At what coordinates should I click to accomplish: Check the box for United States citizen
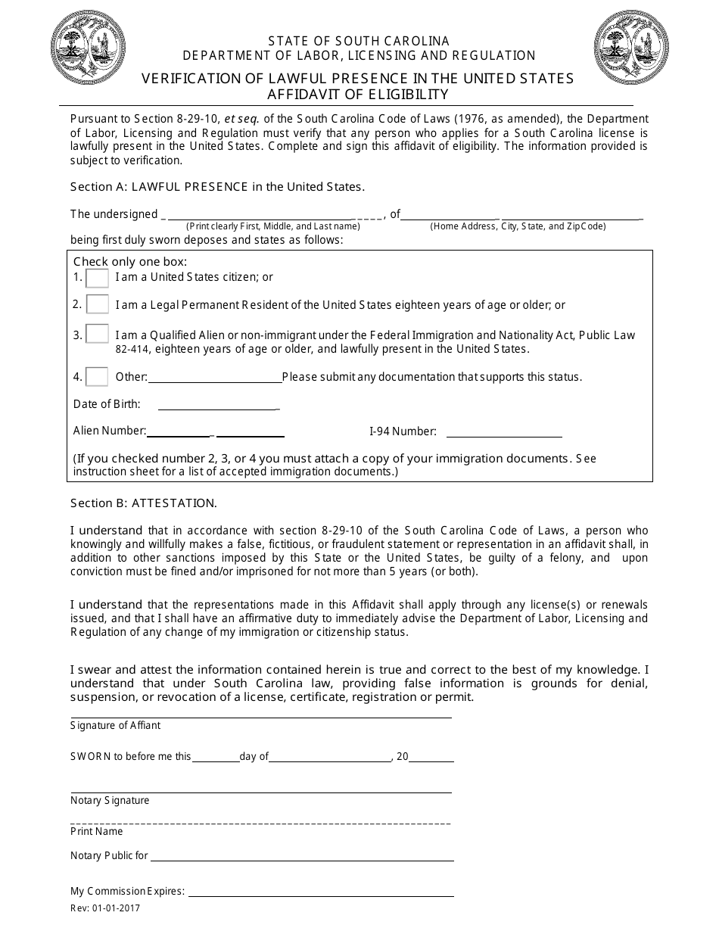tap(97, 278)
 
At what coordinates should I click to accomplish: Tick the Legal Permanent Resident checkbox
tap(97, 305)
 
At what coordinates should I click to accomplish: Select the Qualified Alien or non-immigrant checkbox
tap(97, 335)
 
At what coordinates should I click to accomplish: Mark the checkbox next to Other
tap(97, 376)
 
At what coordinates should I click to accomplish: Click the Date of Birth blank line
tap(218, 404)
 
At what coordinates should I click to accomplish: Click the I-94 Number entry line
tap(504, 431)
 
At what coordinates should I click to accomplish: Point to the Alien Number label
tap(109, 431)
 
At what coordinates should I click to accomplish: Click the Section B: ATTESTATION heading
tap(144, 503)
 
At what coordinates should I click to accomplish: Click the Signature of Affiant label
tap(115, 725)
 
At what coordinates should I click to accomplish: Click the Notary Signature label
tap(110, 800)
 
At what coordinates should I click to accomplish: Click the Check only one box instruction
tap(130, 262)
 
